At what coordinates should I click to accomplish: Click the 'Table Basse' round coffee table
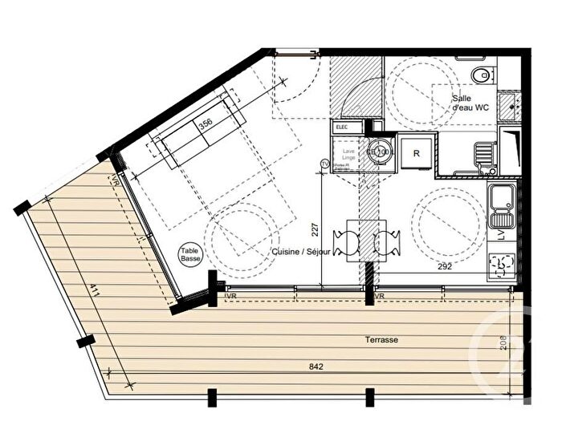(x=190, y=255)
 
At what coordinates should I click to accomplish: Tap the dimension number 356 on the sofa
(x=206, y=124)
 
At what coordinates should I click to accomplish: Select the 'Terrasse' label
(x=385, y=339)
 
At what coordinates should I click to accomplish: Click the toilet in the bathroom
(x=480, y=76)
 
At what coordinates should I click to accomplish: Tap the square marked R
(x=417, y=152)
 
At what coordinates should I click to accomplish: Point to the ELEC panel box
(x=341, y=127)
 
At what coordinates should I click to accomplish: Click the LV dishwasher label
(x=501, y=235)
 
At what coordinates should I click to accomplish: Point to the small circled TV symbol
(x=324, y=164)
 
